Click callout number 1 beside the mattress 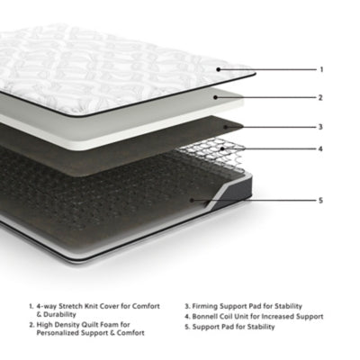click(320, 68)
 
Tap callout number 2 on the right click(320, 97)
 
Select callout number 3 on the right click(320, 127)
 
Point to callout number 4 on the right click(320, 148)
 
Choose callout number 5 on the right click(320, 200)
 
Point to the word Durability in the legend click(55, 315)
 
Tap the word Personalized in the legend click(62, 333)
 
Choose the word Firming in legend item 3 click(208, 306)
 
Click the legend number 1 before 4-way click(31, 306)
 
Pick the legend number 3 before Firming click(187, 306)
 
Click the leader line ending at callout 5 click(270, 200)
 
